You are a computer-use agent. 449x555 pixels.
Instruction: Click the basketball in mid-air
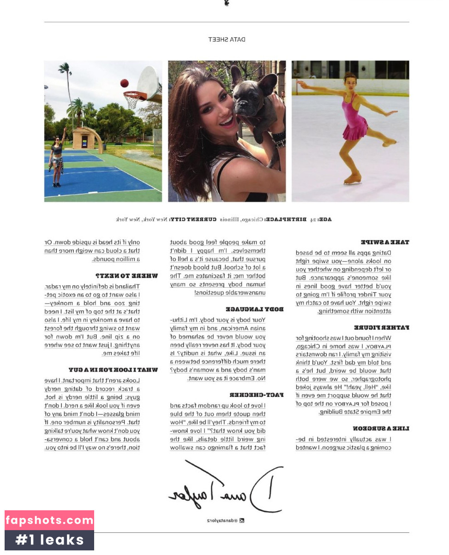pyautogui.click(x=124, y=83)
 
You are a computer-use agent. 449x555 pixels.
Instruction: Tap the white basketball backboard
pyautogui.click(x=149, y=83)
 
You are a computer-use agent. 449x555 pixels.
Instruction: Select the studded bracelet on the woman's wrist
pyautogui.click(x=278, y=138)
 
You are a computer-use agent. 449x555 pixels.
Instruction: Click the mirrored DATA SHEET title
pyautogui.click(x=227, y=40)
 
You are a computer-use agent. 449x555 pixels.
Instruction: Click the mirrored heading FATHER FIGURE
pyautogui.click(x=381, y=328)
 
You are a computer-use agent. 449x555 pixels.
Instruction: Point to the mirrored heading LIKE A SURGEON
pyautogui.click(x=381, y=429)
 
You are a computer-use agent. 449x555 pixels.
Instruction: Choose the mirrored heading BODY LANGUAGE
pyautogui.click(x=254, y=309)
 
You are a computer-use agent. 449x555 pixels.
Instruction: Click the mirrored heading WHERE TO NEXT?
pyautogui.click(x=126, y=276)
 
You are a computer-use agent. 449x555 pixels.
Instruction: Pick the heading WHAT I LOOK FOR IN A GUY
pyautogui.click(x=113, y=370)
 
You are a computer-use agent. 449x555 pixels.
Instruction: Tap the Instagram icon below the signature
pyautogui.click(x=241, y=520)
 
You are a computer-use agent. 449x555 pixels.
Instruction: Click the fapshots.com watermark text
pyautogui.click(x=49, y=520)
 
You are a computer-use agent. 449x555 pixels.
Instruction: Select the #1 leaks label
pyautogui.click(x=49, y=540)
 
